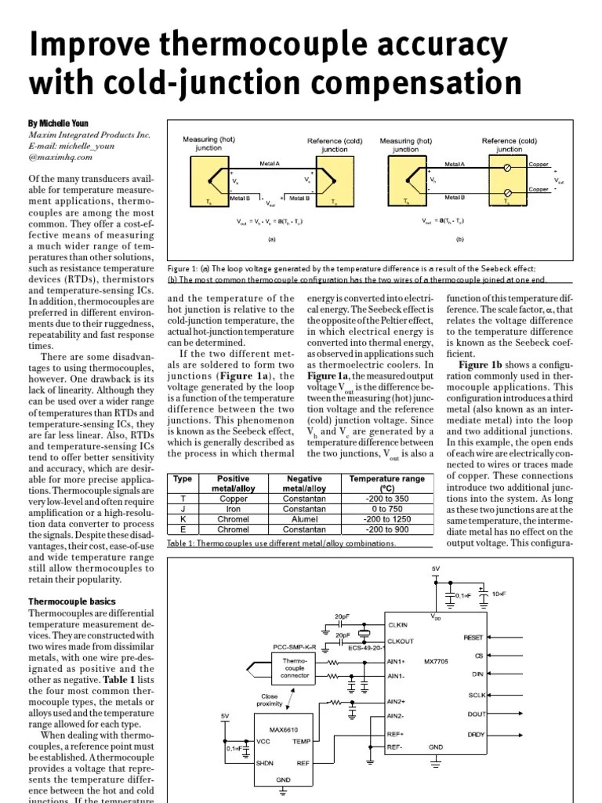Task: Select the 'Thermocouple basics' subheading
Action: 71,601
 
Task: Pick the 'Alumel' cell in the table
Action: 304,518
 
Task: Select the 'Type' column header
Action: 183,478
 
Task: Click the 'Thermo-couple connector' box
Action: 295,667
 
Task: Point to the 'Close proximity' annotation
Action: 270,700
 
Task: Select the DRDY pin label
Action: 475,734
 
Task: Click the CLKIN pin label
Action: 397,625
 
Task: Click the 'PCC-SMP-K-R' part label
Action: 294,648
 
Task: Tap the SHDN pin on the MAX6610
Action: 264,761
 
